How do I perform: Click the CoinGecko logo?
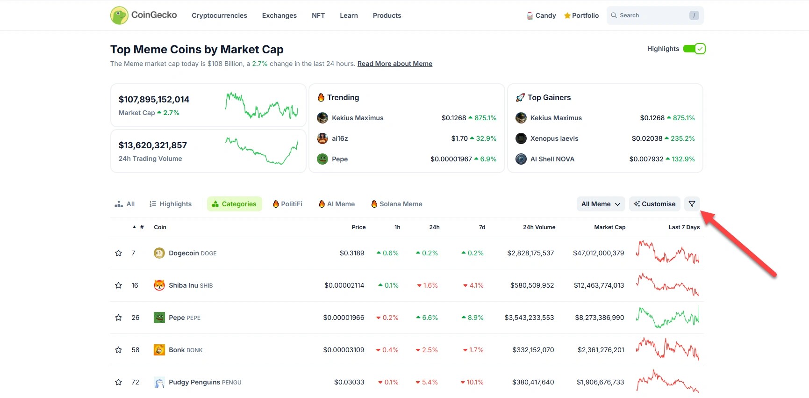(143, 15)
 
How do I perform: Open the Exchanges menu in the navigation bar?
(279, 15)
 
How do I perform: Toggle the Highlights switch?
(694, 49)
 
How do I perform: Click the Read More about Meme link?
(394, 64)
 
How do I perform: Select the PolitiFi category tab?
(287, 204)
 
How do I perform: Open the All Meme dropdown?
(601, 204)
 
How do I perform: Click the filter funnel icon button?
(692, 204)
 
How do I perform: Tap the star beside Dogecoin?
(119, 253)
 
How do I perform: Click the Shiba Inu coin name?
(183, 285)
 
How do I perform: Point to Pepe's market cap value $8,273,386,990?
(599, 318)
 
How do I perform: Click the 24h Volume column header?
(539, 227)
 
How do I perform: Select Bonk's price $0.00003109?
(344, 350)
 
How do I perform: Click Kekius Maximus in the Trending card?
(357, 118)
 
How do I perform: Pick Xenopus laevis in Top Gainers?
(554, 138)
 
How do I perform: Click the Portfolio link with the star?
(581, 15)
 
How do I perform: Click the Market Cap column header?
(609, 227)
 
